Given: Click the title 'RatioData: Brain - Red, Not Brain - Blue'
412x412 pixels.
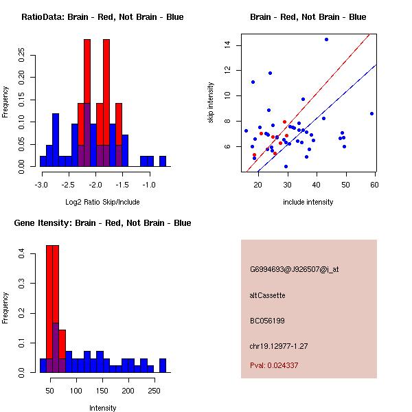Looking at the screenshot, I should [x=102, y=17].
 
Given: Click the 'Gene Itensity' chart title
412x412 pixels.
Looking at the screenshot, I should [x=102, y=223].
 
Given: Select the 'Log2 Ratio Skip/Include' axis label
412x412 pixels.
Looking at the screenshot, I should [x=102, y=202].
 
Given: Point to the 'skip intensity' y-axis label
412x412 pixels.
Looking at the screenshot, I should [x=211, y=103].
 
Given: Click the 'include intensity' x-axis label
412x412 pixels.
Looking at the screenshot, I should [x=308, y=202].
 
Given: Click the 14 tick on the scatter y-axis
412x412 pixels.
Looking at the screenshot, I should [x=226, y=45].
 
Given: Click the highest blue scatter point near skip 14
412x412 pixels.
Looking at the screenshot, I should [x=326, y=39].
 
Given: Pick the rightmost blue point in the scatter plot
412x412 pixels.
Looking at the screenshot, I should [x=371, y=113].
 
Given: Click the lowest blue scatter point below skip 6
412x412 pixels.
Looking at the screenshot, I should [x=286, y=166].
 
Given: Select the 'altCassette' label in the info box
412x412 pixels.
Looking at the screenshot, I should [x=267, y=295].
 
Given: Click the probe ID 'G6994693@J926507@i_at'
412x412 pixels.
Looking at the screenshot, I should [x=294, y=269].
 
